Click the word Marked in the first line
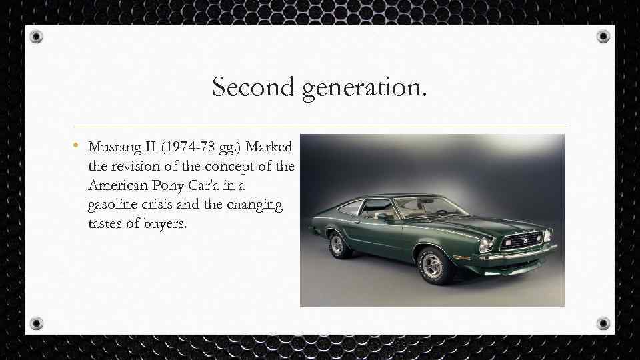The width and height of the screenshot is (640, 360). click(x=275, y=146)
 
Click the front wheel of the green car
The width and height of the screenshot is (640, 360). click(x=433, y=265)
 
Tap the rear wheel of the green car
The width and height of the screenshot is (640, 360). click(x=337, y=245)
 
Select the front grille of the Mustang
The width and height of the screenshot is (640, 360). click(x=521, y=240)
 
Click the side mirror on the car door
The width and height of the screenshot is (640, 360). click(x=383, y=216)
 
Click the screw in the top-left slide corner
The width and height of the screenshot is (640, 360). click(x=36, y=36)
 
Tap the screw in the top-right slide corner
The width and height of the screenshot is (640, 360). click(x=603, y=36)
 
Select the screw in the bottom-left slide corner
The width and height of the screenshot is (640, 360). click(x=36, y=323)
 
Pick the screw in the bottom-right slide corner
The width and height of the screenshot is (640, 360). click(x=603, y=323)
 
